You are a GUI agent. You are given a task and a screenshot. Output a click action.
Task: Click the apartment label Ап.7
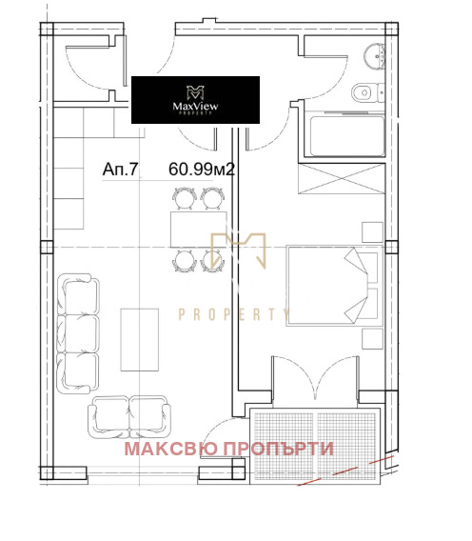click(x=120, y=170)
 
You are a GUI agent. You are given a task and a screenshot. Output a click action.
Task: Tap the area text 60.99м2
click(x=202, y=170)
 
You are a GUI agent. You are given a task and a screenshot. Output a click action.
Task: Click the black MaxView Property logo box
click(x=195, y=100)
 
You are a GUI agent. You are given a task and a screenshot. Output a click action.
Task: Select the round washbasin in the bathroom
click(x=374, y=56)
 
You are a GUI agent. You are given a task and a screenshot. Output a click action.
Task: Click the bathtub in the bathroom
click(x=347, y=136)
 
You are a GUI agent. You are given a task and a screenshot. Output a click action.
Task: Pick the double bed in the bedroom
click(x=335, y=286)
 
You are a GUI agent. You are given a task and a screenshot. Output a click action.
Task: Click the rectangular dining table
click(x=198, y=230)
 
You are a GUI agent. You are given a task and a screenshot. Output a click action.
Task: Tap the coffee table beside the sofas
click(x=140, y=340)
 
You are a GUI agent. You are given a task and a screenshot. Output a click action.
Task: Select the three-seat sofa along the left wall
click(x=78, y=333)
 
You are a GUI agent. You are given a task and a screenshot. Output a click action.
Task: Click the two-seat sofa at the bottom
click(x=129, y=417)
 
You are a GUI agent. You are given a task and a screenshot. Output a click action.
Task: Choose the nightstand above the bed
click(x=372, y=232)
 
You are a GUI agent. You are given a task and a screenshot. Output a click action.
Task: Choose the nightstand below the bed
click(x=372, y=339)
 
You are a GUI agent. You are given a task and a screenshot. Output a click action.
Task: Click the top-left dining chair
click(x=185, y=198)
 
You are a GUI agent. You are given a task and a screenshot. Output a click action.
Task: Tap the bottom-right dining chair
click(x=211, y=261)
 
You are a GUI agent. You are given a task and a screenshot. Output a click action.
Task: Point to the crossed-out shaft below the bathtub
click(x=342, y=179)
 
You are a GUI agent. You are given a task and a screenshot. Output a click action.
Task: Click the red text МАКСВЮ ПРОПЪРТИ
click(x=229, y=449)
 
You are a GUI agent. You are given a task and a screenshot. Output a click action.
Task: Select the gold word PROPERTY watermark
click(x=234, y=314)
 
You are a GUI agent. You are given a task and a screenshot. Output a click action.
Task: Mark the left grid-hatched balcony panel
click(x=284, y=446)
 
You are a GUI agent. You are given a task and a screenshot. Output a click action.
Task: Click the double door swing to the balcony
click(x=316, y=378)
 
